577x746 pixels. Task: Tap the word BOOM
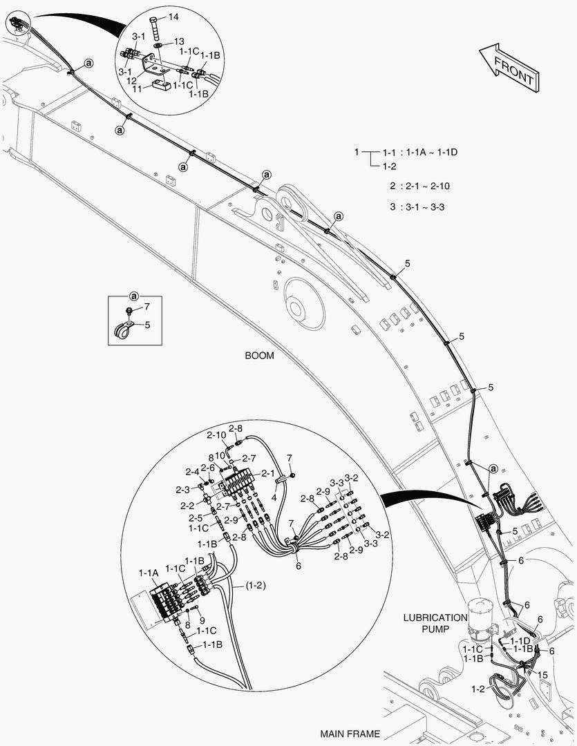click(x=259, y=356)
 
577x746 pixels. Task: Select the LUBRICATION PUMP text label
click(x=435, y=623)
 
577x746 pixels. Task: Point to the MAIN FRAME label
click(x=350, y=734)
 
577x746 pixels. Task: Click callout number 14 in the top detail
click(x=173, y=16)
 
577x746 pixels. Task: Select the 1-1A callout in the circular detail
click(x=149, y=573)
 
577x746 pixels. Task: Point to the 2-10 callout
click(x=216, y=434)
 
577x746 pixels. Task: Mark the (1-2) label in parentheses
click(x=254, y=586)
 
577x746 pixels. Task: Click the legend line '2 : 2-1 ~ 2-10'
click(x=419, y=186)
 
